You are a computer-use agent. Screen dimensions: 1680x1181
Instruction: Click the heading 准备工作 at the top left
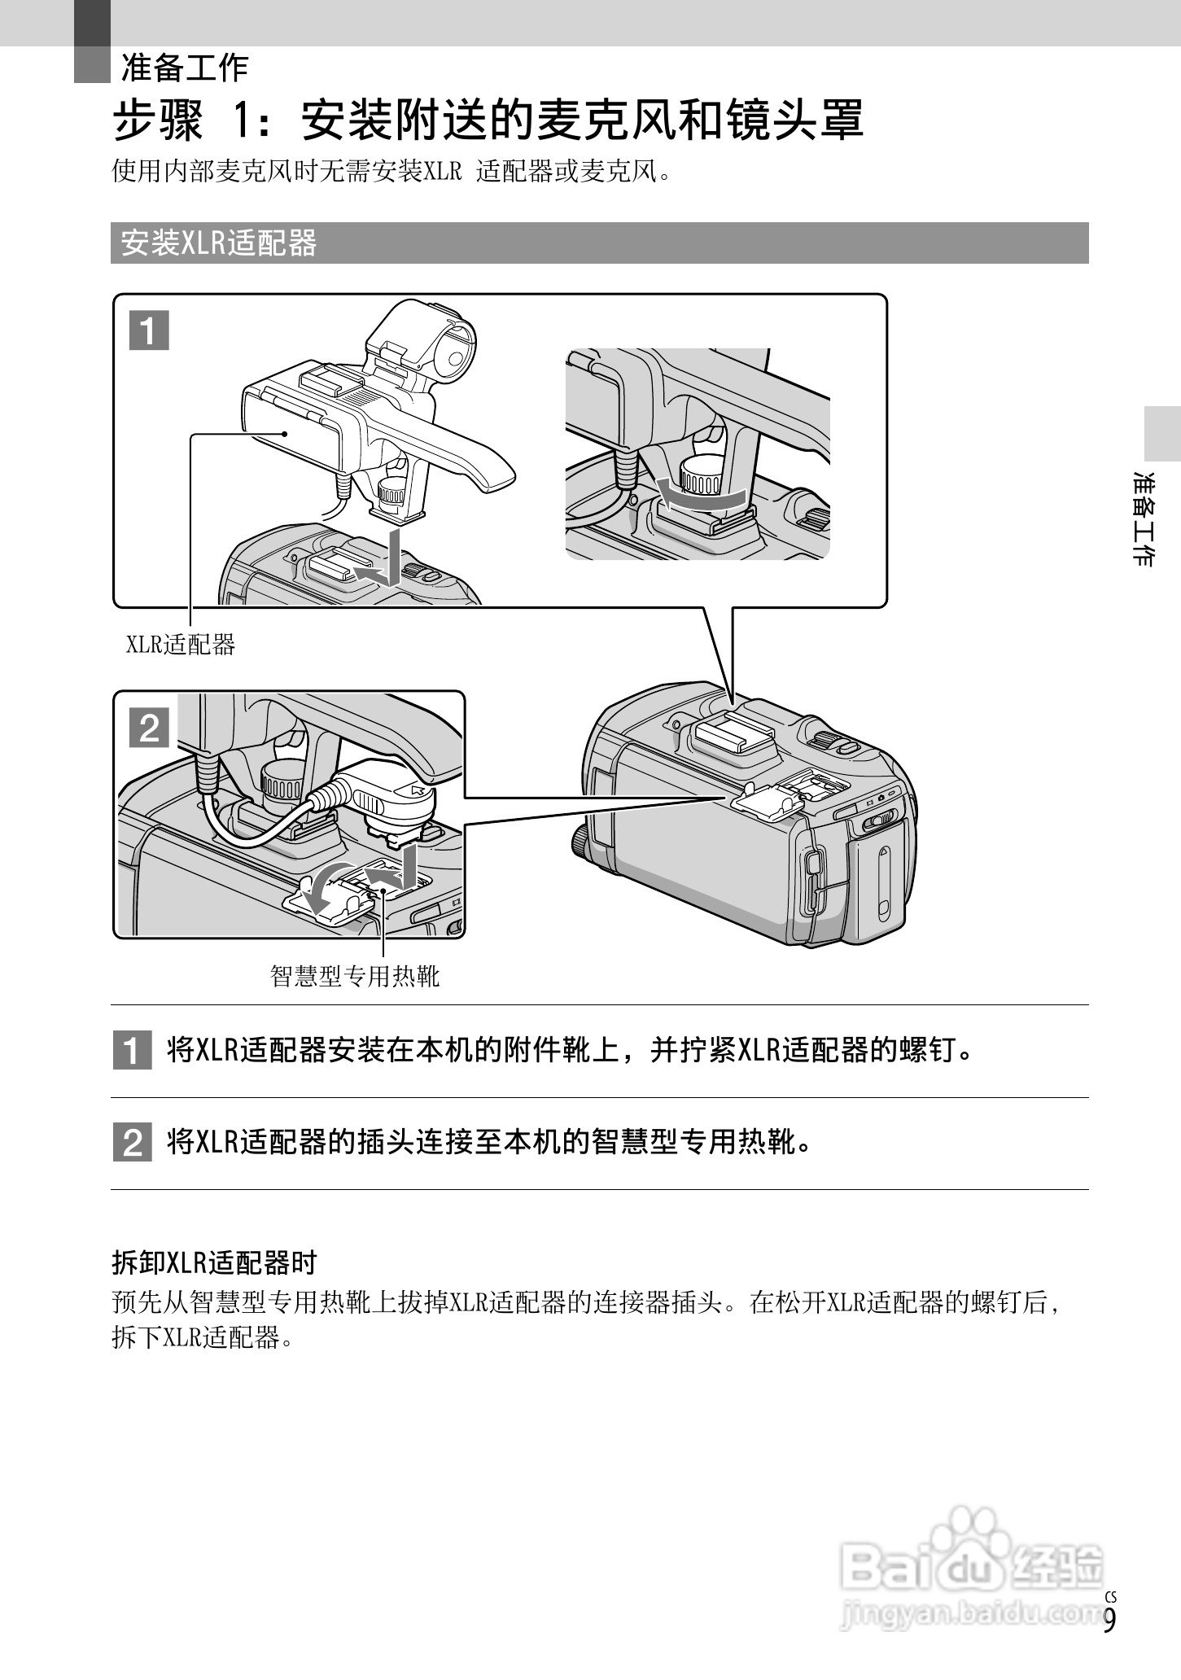[185, 68]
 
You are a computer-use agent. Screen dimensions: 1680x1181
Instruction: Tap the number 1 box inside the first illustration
[149, 330]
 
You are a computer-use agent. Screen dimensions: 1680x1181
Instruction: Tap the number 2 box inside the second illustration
[149, 728]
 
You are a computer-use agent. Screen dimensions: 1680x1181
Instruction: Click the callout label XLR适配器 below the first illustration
[180, 645]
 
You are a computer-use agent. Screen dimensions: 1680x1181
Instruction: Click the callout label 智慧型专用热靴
[355, 975]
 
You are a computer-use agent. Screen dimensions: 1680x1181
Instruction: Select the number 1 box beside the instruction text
[132, 1051]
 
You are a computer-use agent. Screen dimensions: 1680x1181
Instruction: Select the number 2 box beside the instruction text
[132, 1143]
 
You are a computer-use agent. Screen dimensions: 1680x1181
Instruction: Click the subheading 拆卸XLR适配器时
[213, 1262]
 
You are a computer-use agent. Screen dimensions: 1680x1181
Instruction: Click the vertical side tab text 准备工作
[1144, 518]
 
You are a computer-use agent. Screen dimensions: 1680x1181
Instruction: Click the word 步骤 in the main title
[157, 121]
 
